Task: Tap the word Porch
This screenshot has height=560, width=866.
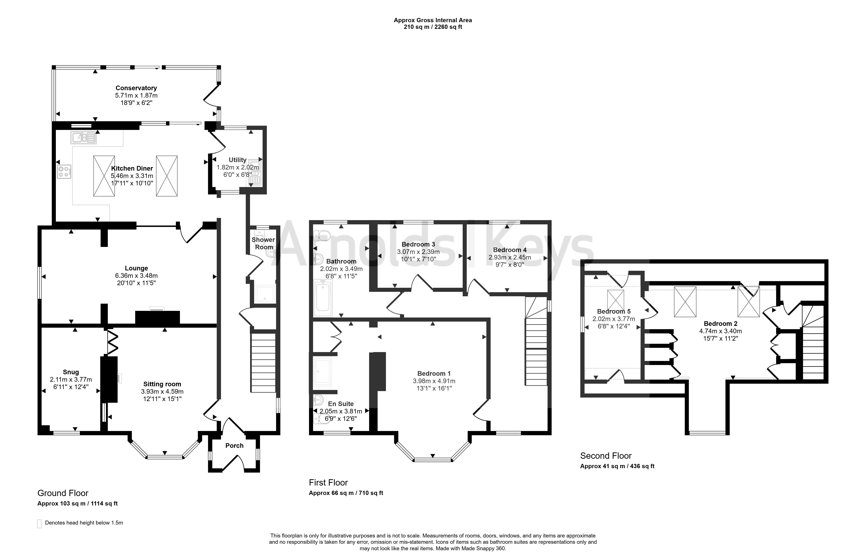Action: point(234,446)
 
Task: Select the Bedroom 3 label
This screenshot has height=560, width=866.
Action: point(418,244)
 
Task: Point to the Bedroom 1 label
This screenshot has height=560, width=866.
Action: point(434,374)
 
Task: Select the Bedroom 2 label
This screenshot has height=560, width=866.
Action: point(720,324)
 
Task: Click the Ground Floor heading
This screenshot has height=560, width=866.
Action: point(63,493)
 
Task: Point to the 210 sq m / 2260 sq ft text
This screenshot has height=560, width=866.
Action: point(433,27)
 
